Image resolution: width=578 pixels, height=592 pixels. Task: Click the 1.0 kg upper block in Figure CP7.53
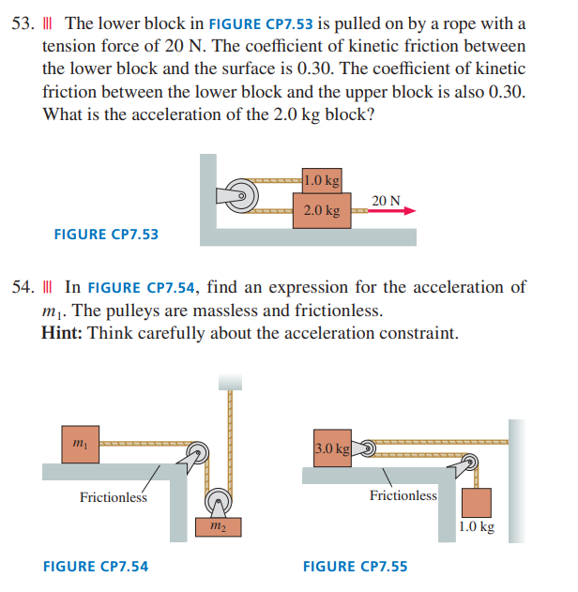tap(322, 180)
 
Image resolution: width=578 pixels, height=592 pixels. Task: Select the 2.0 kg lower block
tap(322, 210)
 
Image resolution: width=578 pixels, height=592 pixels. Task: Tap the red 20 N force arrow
tap(392, 211)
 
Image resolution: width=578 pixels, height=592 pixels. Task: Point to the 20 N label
tap(386, 201)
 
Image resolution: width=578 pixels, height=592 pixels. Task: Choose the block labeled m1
tap(81, 445)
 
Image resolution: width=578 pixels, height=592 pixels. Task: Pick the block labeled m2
tap(219, 526)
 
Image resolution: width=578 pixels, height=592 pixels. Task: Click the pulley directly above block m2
tap(219, 501)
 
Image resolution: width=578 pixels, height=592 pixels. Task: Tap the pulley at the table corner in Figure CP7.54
tap(197, 453)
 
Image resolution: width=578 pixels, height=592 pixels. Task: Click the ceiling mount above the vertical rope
tap(230, 382)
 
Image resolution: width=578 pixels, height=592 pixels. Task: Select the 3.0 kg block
tap(332, 448)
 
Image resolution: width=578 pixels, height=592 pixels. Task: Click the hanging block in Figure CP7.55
tap(477, 503)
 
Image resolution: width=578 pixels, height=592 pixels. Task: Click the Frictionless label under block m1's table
tap(114, 497)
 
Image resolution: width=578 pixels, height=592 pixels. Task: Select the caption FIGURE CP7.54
tap(96, 567)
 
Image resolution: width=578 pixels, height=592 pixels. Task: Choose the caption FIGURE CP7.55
tap(356, 567)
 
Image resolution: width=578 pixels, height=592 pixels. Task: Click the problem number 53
tap(23, 23)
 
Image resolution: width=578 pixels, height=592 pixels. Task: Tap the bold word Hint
tap(62, 333)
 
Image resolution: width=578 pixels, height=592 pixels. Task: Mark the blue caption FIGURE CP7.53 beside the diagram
tap(106, 235)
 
